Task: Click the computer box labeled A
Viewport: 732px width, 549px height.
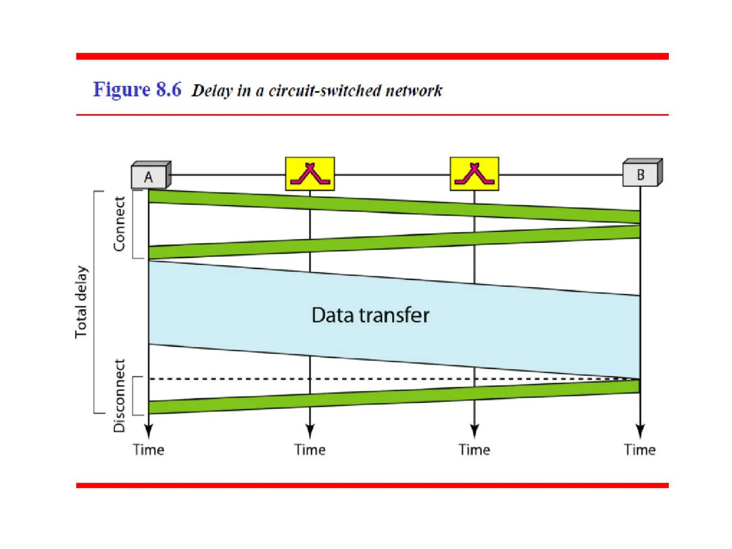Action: [149, 176]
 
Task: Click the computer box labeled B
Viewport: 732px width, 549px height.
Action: [641, 174]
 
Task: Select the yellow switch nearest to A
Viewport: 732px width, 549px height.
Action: [310, 174]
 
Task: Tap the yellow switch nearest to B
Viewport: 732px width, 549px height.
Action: [474, 174]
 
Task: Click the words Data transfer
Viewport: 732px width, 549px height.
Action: [370, 315]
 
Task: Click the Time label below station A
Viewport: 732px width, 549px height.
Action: [148, 450]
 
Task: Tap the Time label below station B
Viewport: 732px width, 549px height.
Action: [640, 450]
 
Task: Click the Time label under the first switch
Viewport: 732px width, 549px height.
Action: [310, 450]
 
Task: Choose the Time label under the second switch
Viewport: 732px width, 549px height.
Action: [474, 450]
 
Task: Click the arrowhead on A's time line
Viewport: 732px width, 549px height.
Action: [149, 431]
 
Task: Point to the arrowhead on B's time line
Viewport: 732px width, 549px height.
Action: [640, 431]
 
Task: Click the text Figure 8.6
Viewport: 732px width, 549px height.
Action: [137, 89]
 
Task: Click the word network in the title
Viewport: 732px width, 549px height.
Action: [414, 91]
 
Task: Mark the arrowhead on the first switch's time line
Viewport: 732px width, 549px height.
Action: [310, 431]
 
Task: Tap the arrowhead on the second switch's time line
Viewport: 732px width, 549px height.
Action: [474, 431]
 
